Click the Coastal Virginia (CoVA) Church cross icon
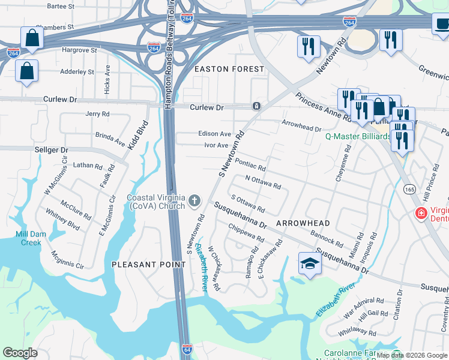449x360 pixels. [194, 200]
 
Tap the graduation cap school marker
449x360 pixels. [310, 263]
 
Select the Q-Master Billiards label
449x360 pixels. [358, 136]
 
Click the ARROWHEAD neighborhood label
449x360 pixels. [303, 223]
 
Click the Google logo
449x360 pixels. [20, 353]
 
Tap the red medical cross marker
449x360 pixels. [421, 213]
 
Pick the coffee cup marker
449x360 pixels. [441, 23]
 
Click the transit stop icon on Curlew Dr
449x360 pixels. [256, 106]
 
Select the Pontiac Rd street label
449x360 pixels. [250, 164]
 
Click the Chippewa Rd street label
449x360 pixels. [246, 233]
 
